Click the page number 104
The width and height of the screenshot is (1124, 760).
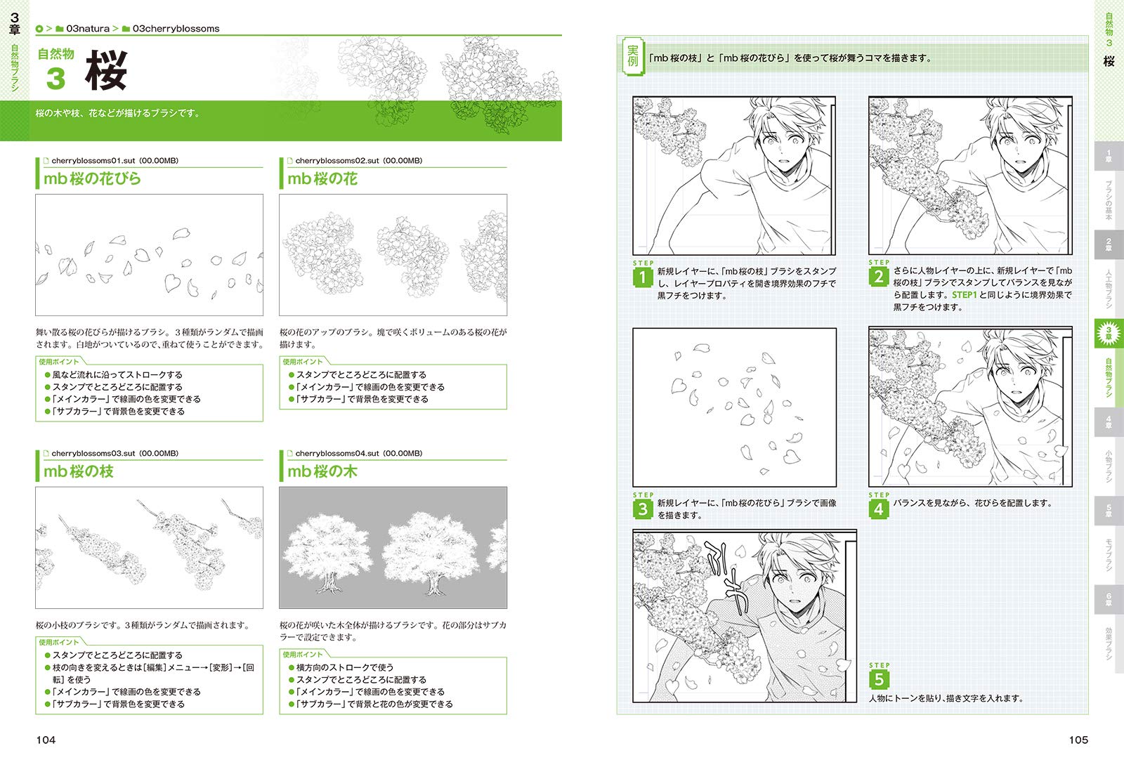pos(46,740)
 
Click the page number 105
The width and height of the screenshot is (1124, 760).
pos(1078,740)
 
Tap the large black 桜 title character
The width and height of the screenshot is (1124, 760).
pos(106,70)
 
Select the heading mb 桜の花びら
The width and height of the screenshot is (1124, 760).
pos(92,178)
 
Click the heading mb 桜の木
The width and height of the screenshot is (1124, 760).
pos(322,471)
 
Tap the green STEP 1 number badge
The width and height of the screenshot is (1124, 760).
pos(642,277)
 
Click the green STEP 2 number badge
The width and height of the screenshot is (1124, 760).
pos(878,277)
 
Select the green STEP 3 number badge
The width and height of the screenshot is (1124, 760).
pos(642,509)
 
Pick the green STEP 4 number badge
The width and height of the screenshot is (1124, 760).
pos(878,509)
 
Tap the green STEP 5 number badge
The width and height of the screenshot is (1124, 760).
pos(879,680)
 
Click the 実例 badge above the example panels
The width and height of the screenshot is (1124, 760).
pos(633,57)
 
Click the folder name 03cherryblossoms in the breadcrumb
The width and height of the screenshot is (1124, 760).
pos(176,29)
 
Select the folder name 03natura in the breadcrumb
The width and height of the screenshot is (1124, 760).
pos(88,29)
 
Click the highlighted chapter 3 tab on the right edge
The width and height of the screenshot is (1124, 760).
pos(1109,333)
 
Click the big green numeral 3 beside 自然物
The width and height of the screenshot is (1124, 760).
pos(55,79)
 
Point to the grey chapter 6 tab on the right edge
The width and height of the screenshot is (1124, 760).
pos(1109,599)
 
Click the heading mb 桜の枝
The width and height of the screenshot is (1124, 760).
pos(78,471)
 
